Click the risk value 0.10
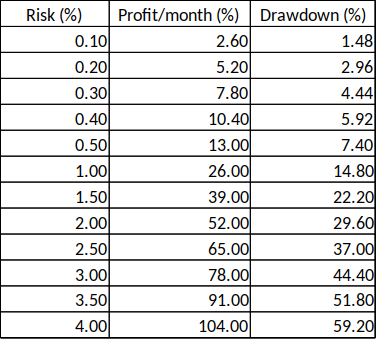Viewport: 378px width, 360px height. (x=91, y=42)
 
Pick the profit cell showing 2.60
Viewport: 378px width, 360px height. (x=229, y=42)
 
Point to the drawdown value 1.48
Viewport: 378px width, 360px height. (x=354, y=42)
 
